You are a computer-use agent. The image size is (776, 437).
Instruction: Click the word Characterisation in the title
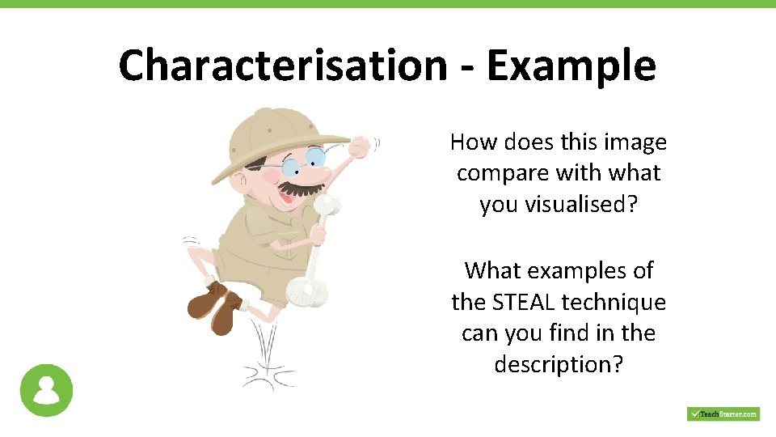click(x=281, y=65)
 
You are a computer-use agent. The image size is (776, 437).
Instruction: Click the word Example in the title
click(x=571, y=65)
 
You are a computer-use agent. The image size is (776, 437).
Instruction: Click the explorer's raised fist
click(x=358, y=146)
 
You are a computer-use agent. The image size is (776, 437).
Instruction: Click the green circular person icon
click(x=47, y=391)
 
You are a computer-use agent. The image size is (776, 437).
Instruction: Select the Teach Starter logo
click(x=723, y=414)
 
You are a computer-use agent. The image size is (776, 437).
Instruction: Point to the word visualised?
click(x=559, y=205)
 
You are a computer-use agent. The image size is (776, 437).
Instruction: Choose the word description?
click(x=559, y=365)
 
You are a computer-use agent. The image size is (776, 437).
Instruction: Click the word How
click(x=473, y=142)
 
